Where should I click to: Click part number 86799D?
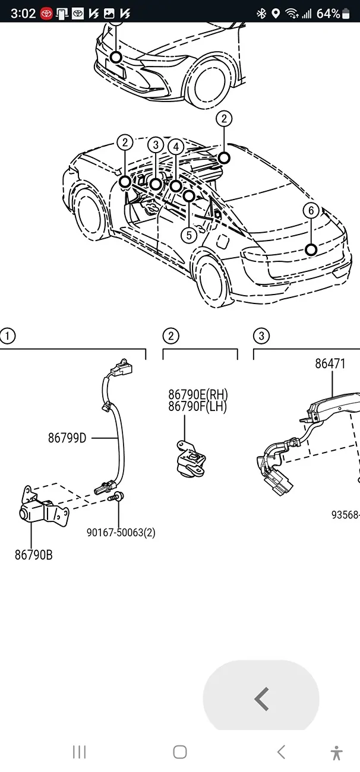[x=67, y=438]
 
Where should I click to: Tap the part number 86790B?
[x=33, y=555]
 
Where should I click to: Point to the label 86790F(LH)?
[x=197, y=407]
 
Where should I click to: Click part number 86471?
[x=330, y=363]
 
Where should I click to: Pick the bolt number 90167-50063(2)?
[x=121, y=533]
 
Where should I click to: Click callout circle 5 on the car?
[x=189, y=235]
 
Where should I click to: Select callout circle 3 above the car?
[x=156, y=145]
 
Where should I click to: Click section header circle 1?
[x=7, y=336]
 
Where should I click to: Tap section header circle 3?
[x=261, y=336]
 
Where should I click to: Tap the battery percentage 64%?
[x=329, y=14]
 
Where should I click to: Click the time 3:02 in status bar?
[x=23, y=14]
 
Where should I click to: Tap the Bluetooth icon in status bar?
[x=261, y=14]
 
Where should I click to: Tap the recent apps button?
[x=79, y=752]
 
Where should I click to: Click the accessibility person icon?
[x=337, y=752]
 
